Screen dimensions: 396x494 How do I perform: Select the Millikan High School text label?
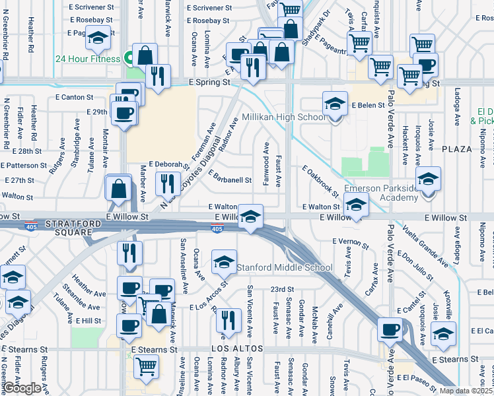click(x=284, y=117)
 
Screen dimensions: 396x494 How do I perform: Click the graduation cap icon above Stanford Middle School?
click(x=224, y=262)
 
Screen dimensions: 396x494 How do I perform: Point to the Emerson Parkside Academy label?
click(x=381, y=194)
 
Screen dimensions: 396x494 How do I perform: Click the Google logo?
click(x=22, y=387)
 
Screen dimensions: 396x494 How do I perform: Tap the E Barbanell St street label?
click(x=230, y=176)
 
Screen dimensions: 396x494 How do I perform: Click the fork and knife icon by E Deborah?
click(x=168, y=182)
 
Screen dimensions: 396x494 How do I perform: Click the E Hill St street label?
click(x=87, y=321)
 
